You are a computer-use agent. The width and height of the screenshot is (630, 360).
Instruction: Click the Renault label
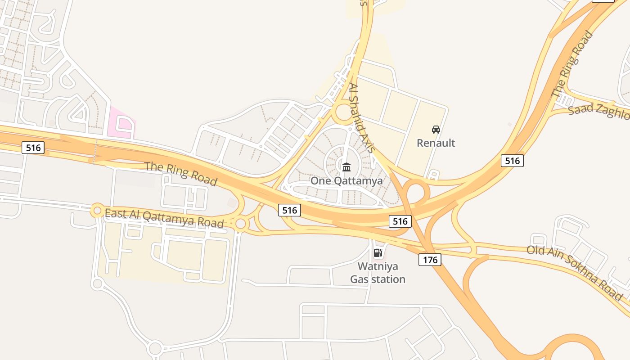[436, 143]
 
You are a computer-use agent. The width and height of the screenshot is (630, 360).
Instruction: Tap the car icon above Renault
[436, 130]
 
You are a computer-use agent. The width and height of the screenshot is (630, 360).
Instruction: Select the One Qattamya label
[346, 181]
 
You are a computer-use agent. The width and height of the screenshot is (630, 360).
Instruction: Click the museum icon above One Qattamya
[346, 167]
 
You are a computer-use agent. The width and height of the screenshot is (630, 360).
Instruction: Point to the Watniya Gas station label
[378, 273]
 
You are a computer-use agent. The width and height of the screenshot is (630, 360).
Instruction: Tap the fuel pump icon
[378, 253]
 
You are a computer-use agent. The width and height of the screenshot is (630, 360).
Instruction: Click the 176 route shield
[430, 259]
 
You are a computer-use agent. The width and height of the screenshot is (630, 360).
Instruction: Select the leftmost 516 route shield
[33, 147]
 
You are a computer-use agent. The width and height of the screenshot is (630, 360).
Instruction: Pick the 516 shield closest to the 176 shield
[400, 221]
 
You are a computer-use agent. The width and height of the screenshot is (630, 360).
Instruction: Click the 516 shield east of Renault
[512, 161]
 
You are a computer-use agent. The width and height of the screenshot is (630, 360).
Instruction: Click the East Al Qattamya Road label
[164, 218]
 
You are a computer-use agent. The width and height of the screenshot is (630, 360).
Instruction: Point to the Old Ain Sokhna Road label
[575, 273]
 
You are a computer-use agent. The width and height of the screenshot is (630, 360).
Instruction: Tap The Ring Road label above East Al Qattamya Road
[181, 173]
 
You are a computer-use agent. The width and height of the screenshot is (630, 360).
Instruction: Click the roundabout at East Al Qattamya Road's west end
[97, 210]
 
